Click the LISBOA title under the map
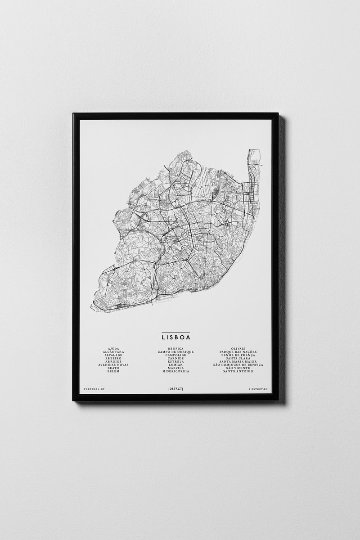pyautogui.click(x=175, y=336)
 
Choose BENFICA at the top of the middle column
pyautogui.click(x=175, y=348)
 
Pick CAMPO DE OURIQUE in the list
pyautogui.click(x=175, y=351)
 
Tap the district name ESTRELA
pyautogui.click(x=175, y=361)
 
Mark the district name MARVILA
pyautogui.click(x=175, y=368)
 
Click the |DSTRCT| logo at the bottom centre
pyautogui.click(x=175, y=387)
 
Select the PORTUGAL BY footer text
pyautogui.click(x=94, y=387)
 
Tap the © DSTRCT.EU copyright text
pyautogui.click(x=257, y=387)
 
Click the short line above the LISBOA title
pyautogui.click(x=175, y=331)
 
